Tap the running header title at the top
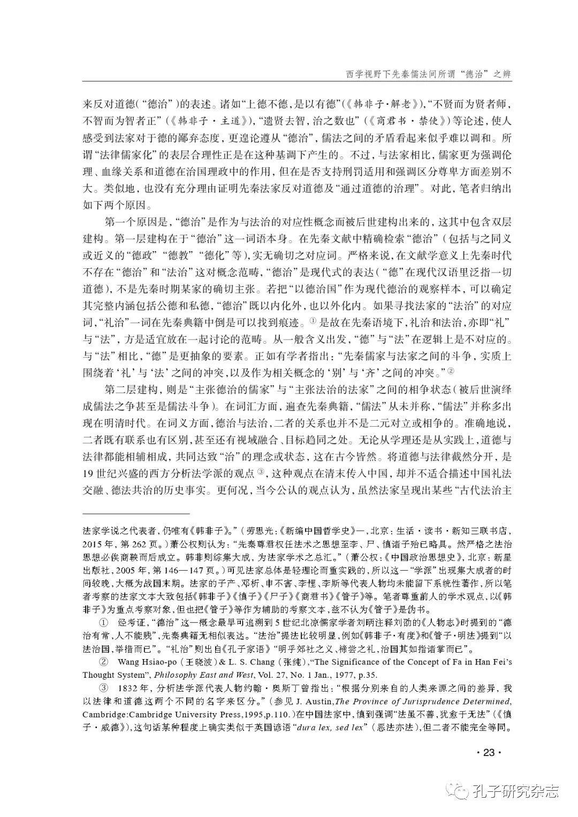426,74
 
